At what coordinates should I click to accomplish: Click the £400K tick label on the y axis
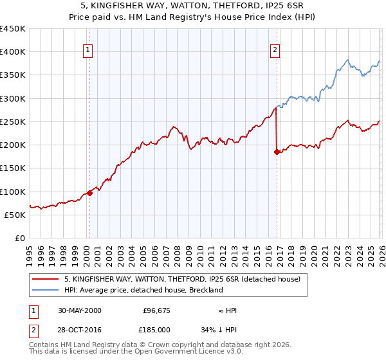(x=13, y=52)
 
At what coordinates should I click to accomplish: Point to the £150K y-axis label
(x=13, y=168)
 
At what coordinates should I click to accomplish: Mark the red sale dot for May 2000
(x=90, y=193)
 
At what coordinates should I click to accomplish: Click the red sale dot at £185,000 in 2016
(x=277, y=152)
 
